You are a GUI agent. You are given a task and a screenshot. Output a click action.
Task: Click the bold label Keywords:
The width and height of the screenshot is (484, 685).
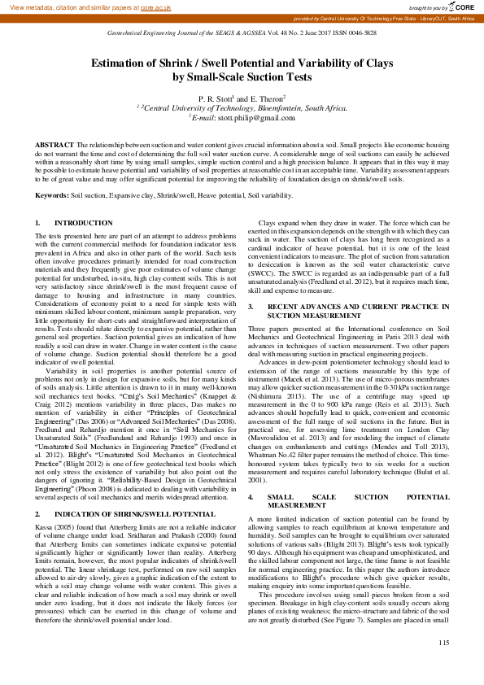[51, 196]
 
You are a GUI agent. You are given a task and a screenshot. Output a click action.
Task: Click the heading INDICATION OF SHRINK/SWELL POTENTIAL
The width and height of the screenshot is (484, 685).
[134, 492]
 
